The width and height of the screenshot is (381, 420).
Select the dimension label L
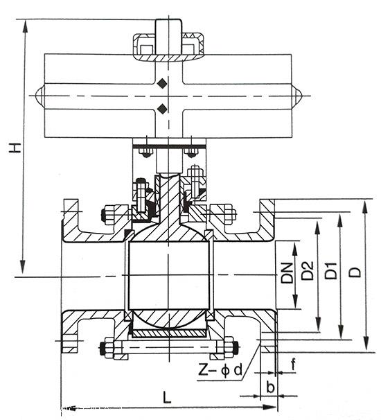tap(167, 397)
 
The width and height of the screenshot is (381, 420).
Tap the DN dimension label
tap(287, 273)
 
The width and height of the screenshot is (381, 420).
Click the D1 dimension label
tap(331, 271)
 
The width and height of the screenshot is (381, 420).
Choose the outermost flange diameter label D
tap(356, 272)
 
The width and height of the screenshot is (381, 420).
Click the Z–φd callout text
tap(220, 371)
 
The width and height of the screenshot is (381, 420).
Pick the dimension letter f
tap(294, 365)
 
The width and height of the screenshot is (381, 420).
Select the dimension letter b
tap(270, 387)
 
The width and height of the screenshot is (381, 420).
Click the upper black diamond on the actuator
tap(162, 83)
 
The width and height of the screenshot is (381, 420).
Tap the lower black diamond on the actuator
tap(162, 109)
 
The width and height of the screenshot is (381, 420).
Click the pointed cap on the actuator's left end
tap(39, 96)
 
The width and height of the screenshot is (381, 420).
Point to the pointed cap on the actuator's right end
tap(297, 96)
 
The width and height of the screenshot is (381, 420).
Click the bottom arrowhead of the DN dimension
tap(295, 301)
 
